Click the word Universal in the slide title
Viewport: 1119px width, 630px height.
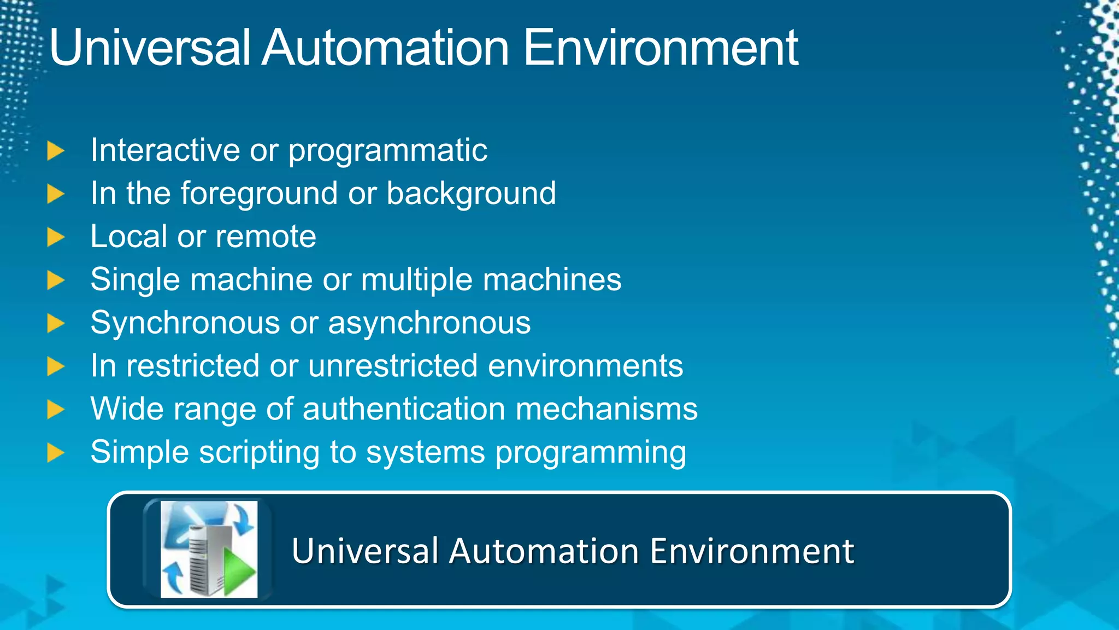[149, 48]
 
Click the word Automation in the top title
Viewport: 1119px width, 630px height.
[385, 48]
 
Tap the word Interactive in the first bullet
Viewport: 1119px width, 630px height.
[164, 150]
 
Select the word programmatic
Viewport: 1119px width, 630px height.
[387, 151]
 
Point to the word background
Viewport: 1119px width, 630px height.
[471, 194]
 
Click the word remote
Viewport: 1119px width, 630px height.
[266, 237]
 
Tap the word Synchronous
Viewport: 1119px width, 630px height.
[185, 323]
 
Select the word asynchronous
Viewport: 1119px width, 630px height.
[429, 323]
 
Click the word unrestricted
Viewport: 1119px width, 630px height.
[393, 366]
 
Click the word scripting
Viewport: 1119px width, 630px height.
[259, 453]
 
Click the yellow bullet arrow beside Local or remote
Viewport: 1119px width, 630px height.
[56, 237]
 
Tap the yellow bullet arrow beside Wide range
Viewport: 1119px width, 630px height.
[56, 410]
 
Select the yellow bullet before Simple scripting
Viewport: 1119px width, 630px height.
[56, 453]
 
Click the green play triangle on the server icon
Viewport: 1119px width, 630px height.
[238, 573]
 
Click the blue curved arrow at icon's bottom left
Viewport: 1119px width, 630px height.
[174, 577]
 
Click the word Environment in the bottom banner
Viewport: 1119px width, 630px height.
[752, 551]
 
